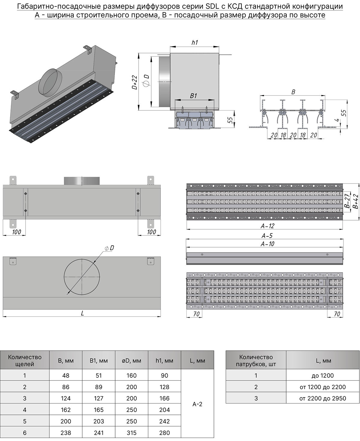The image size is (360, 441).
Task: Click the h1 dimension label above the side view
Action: [x=195, y=43]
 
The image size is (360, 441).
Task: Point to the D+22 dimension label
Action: [x=135, y=82]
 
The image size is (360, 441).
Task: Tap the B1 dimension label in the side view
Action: [x=193, y=96]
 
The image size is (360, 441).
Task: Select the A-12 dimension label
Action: [x=268, y=226]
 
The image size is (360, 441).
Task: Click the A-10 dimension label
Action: [x=268, y=244]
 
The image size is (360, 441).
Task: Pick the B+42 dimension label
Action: [x=355, y=202]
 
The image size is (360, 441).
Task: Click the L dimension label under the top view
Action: [x=82, y=313]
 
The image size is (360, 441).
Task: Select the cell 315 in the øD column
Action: [x=131, y=433]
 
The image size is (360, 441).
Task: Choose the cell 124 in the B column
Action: [x=65, y=398]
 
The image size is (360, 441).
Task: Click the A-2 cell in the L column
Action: [x=197, y=404]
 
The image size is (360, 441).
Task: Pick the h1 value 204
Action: [x=164, y=410]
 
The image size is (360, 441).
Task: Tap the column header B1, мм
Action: [x=98, y=361]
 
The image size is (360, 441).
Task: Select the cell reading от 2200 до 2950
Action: [x=322, y=398]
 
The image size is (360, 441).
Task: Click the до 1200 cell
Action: [x=322, y=376]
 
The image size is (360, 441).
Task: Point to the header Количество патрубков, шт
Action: [x=256, y=361]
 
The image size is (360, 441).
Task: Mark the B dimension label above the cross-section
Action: [x=293, y=92]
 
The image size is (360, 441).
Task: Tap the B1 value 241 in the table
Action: [x=98, y=433]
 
